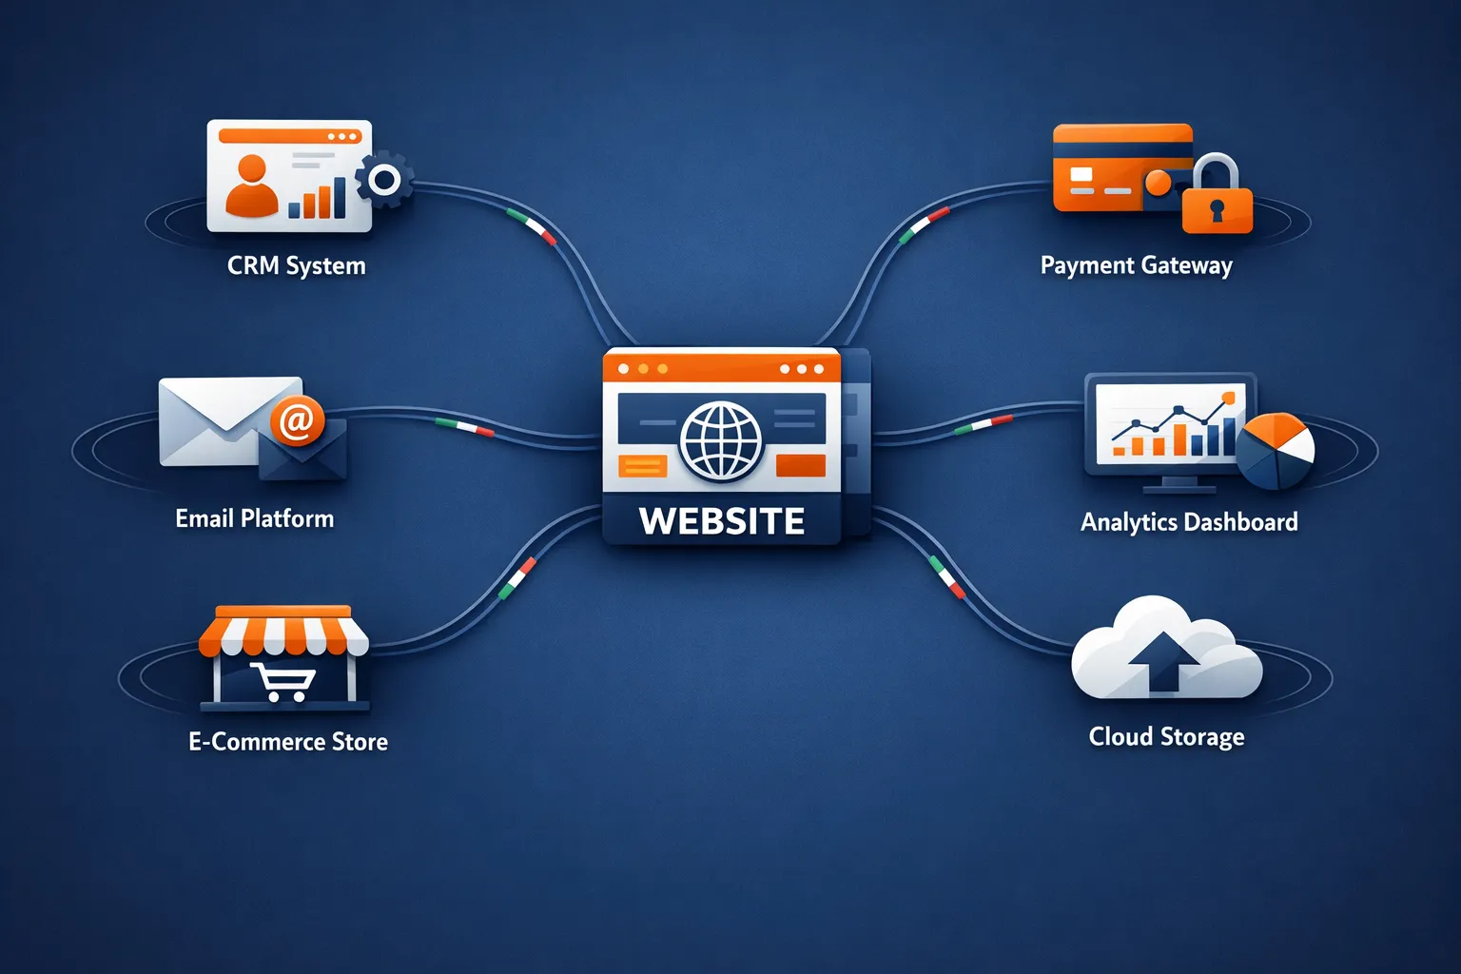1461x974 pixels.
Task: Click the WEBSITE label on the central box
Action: [x=721, y=521]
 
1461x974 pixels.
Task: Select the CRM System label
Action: [x=296, y=265]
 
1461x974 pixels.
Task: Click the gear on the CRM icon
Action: [x=384, y=179]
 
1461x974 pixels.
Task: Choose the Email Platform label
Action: [x=254, y=518]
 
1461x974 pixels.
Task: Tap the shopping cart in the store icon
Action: [x=282, y=681]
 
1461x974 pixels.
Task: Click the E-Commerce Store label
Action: [x=287, y=742]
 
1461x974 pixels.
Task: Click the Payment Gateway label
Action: [x=1136, y=265]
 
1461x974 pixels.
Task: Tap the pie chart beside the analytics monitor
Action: [x=1276, y=451]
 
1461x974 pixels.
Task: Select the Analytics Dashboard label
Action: [x=1189, y=522]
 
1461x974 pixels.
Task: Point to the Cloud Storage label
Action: [x=1166, y=737]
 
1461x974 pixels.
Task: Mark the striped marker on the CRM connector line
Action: [x=532, y=226]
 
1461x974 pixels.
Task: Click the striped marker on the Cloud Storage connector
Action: [x=946, y=577]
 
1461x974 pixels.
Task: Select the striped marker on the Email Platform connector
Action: [x=464, y=426]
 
